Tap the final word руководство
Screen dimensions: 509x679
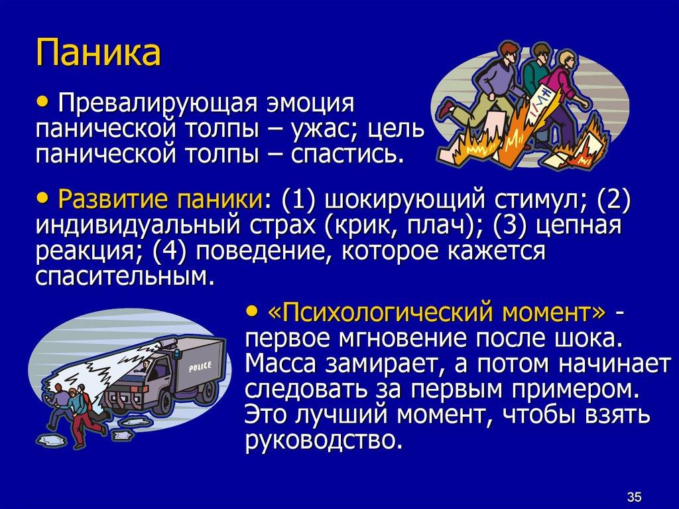click(x=324, y=438)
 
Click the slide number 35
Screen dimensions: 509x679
click(x=634, y=495)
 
